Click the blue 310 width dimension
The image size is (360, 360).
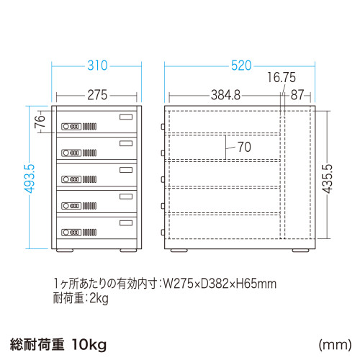click(x=97, y=66)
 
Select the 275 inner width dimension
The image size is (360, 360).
click(x=97, y=95)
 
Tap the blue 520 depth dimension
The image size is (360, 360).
click(x=241, y=66)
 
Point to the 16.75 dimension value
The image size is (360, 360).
click(x=282, y=77)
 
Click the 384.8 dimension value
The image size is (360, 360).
click(x=225, y=95)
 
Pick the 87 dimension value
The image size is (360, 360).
click(x=297, y=95)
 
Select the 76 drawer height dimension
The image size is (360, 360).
click(x=40, y=122)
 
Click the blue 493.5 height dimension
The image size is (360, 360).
click(x=30, y=179)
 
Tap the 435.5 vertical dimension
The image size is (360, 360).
click(x=328, y=179)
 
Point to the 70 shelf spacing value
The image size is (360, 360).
click(x=244, y=147)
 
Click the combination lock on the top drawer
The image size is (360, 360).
click(x=71, y=127)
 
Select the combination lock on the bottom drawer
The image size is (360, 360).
click(x=71, y=233)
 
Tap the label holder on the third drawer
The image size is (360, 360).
click(x=126, y=170)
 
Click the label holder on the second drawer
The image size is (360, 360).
click(x=126, y=143)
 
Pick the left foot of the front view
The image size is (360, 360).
click(x=65, y=251)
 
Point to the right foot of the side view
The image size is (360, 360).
click(x=301, y=251)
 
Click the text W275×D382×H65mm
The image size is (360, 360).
click(x=220, y=284)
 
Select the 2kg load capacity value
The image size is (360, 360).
click(x=99, y=299)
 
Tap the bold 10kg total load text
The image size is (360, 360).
click(x=89, y=345)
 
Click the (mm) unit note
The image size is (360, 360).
click(x=335, y=345)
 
